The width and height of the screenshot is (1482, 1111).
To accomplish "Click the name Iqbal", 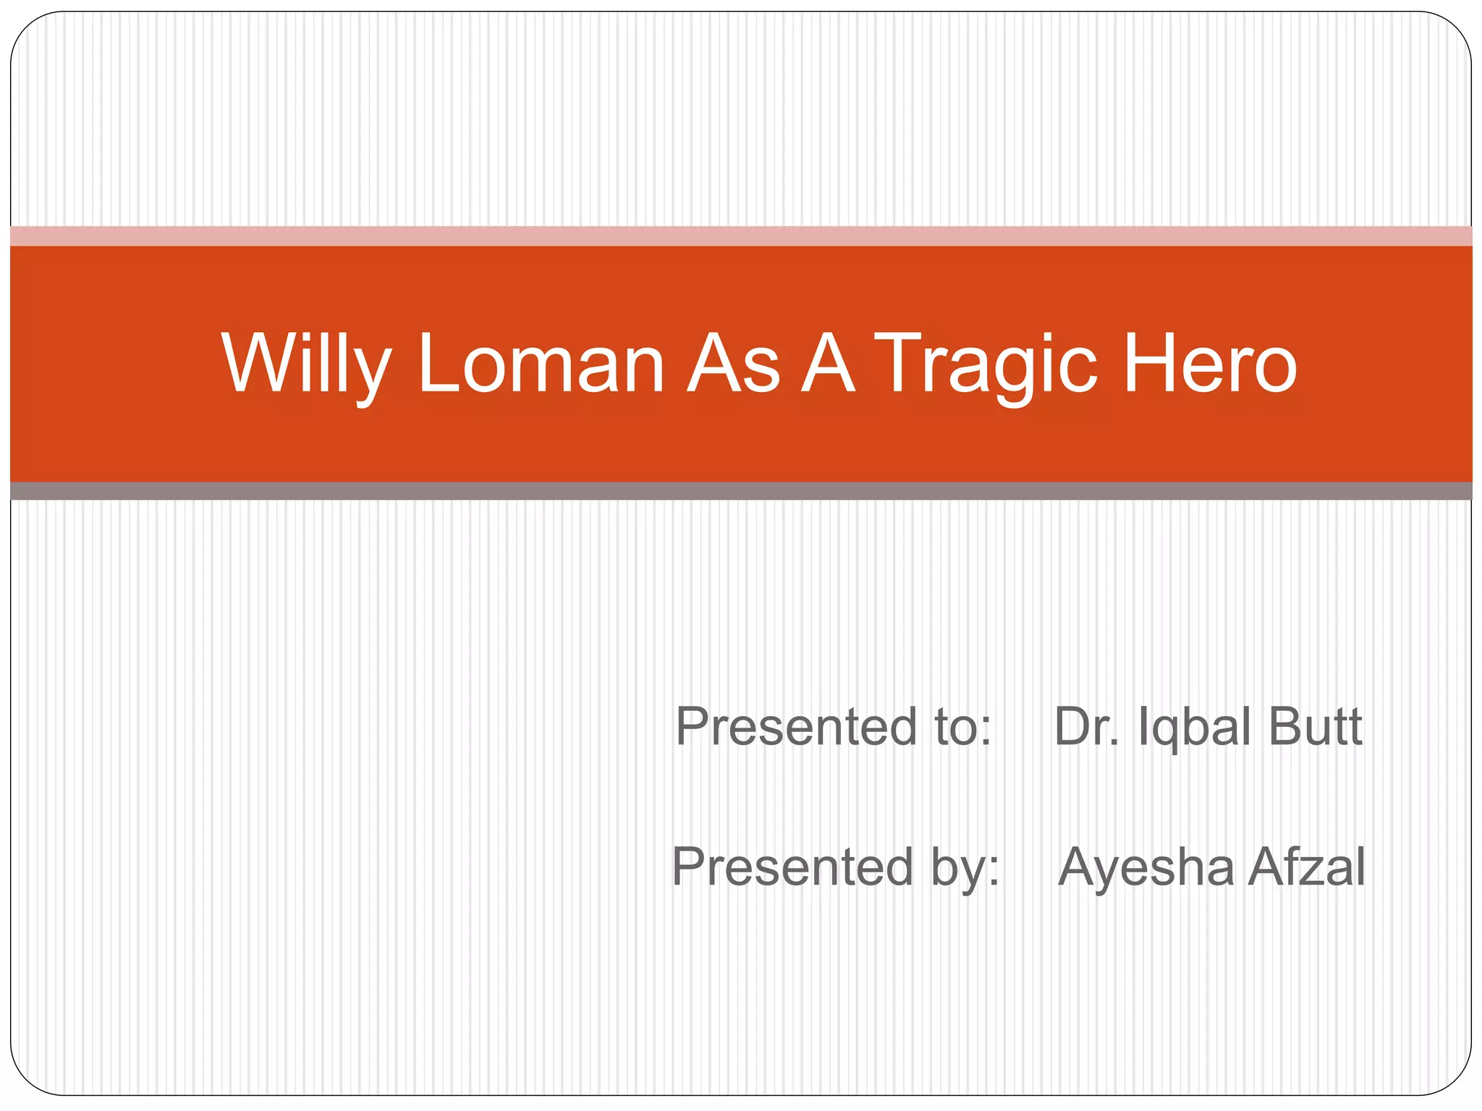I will click(1195, 728).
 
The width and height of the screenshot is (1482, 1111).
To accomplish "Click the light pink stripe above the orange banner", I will click(741, 236).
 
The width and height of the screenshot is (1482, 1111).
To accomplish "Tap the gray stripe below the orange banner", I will click(741, 491).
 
